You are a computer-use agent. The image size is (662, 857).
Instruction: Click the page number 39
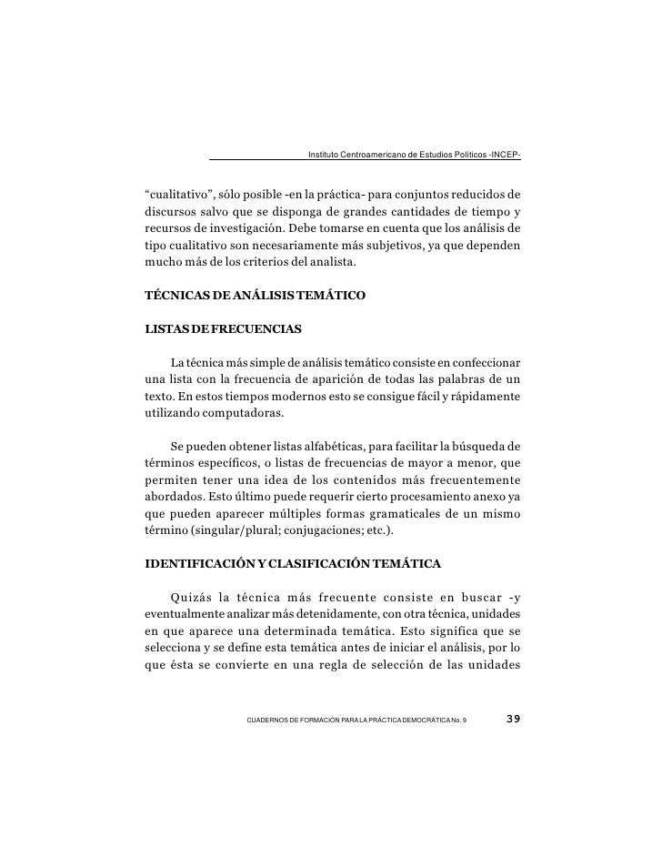(512, 721)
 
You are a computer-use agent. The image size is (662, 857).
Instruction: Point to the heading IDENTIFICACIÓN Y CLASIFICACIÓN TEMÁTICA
(293, 564)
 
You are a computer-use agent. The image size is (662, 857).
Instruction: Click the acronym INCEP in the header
(504, 155)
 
